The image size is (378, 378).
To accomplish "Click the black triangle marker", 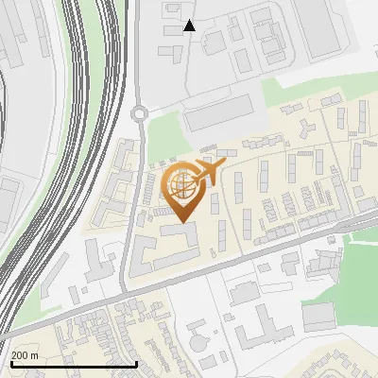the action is click(x=190, y=26).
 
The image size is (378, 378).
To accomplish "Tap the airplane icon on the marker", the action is click(x=209, y=172).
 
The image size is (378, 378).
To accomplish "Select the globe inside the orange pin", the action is click(x=180, y=185).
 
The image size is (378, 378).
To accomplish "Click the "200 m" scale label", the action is click(x=25, y=355).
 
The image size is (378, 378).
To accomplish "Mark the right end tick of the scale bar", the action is click(x=137, y=363).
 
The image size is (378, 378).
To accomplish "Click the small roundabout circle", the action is click(x=141, y=113).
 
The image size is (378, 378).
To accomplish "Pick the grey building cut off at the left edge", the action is click(x=8, y=203).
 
